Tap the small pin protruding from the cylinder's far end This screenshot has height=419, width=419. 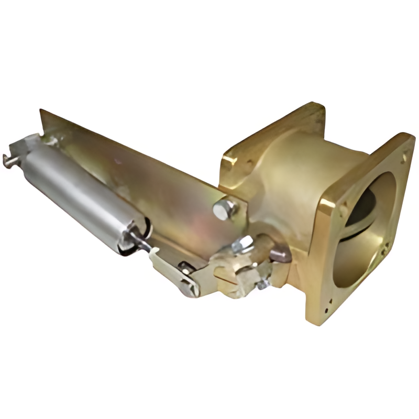[8, 160]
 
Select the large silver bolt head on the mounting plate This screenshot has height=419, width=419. [224, 209]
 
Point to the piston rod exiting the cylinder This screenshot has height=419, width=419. [141, 242]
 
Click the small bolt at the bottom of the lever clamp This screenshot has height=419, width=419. [262, 284]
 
